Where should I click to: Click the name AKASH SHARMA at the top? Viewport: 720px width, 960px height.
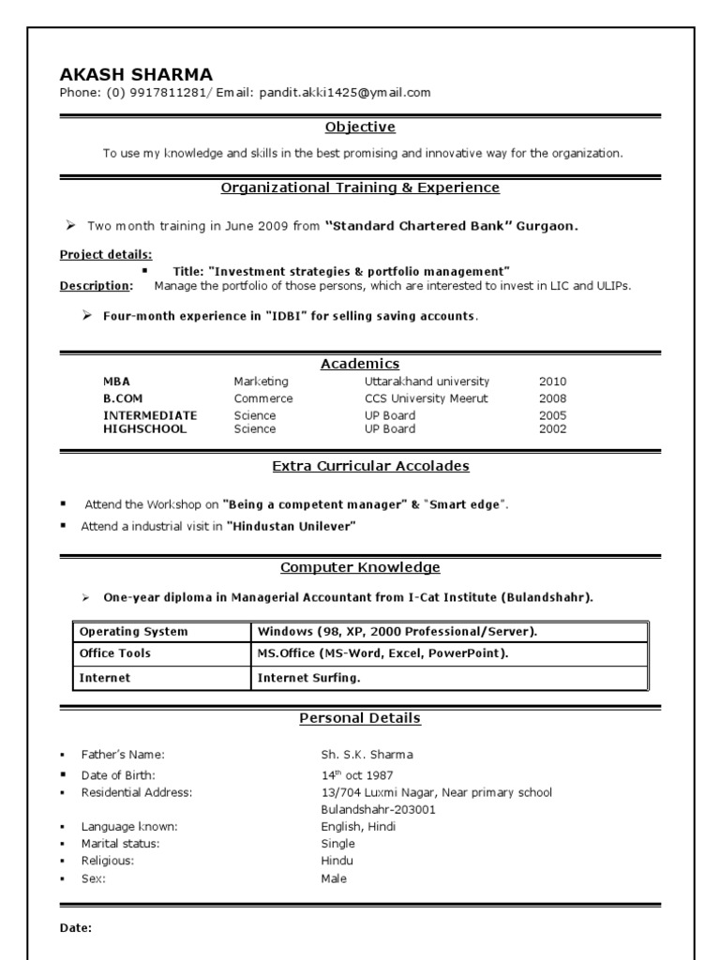coord(136,74)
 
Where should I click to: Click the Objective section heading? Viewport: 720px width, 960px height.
coord(360,127)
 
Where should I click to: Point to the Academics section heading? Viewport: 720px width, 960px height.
coord(360,364)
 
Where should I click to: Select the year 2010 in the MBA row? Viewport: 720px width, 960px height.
coord(552,382)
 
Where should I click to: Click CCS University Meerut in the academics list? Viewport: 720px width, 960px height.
coord(427,398)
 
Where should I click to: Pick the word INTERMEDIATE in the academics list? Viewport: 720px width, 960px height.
coord(150,415)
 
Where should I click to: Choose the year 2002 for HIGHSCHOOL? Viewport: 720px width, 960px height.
coord(552,429)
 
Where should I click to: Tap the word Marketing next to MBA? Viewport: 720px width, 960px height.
coord(262,382)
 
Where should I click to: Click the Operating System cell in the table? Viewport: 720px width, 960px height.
coord(133,631)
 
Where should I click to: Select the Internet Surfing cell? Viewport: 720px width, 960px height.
coord(308,677)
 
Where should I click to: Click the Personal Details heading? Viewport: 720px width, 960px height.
coord(360,718)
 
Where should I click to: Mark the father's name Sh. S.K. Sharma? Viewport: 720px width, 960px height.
coord(367,755)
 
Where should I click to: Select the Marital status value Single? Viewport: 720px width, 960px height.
coord(337,844)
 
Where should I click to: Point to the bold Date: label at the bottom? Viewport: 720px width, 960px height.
coord(76,928)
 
